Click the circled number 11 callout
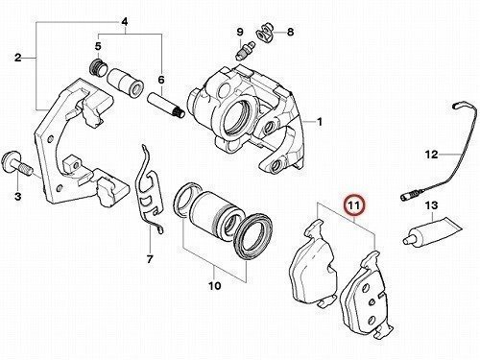[354, 205]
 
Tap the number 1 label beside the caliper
[319, 122]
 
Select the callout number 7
[150, 259]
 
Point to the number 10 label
[215, 285]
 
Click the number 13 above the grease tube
[431, 205]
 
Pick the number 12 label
[431, 155]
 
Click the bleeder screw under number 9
[245, 50]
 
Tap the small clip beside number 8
[265, 33]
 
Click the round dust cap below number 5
[97, 67]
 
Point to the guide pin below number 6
[166, 106]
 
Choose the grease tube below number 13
[432, 232]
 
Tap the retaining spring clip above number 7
[150, 189]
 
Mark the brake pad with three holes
[367, 295]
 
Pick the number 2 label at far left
[18, 58]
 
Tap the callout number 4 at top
[125, 22]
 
